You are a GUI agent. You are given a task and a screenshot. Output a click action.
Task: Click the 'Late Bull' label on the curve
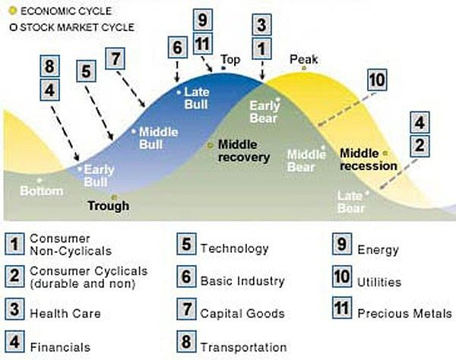click(196, 99)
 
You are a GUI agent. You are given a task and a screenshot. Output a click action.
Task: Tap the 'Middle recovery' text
click(244, 150)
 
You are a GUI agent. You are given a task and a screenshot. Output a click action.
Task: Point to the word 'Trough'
click(108, 205)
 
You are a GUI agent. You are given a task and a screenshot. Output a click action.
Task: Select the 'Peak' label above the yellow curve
click(303, 59)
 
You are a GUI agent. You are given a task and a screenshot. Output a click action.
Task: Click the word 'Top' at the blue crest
click(230, 59)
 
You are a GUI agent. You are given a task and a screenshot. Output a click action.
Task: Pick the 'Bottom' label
click(41, 191)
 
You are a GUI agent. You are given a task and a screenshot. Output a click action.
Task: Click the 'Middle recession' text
click(369, 159)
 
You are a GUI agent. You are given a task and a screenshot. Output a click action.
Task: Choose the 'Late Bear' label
click(351, 202)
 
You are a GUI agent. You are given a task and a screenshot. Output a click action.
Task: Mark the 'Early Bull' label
click(98, 175)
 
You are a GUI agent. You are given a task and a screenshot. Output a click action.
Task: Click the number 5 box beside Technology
click(187, 247)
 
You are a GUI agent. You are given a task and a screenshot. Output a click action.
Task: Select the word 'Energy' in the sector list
click(378, 250)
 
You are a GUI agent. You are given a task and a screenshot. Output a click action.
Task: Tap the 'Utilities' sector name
click(379, 282)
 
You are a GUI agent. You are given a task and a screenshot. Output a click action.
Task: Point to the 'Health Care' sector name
click(65, 313)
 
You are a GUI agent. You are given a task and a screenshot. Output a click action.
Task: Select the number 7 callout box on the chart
click(116, 58)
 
